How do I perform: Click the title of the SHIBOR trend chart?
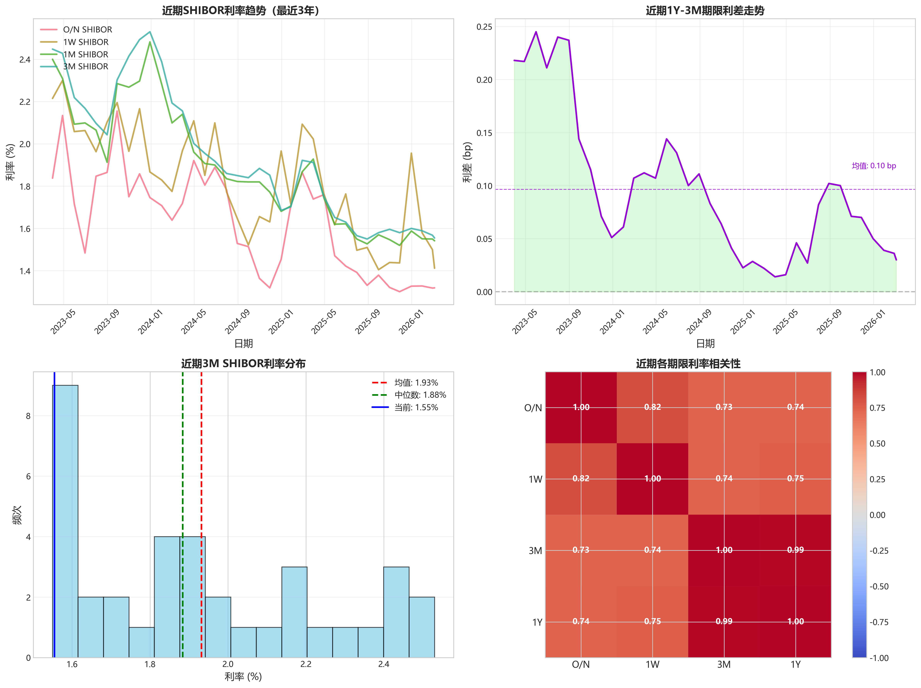click(241, 10)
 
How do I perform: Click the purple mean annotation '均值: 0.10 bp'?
click(873, 166)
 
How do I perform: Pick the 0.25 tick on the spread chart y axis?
click(484, 27)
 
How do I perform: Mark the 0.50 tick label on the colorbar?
click(877, 444)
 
